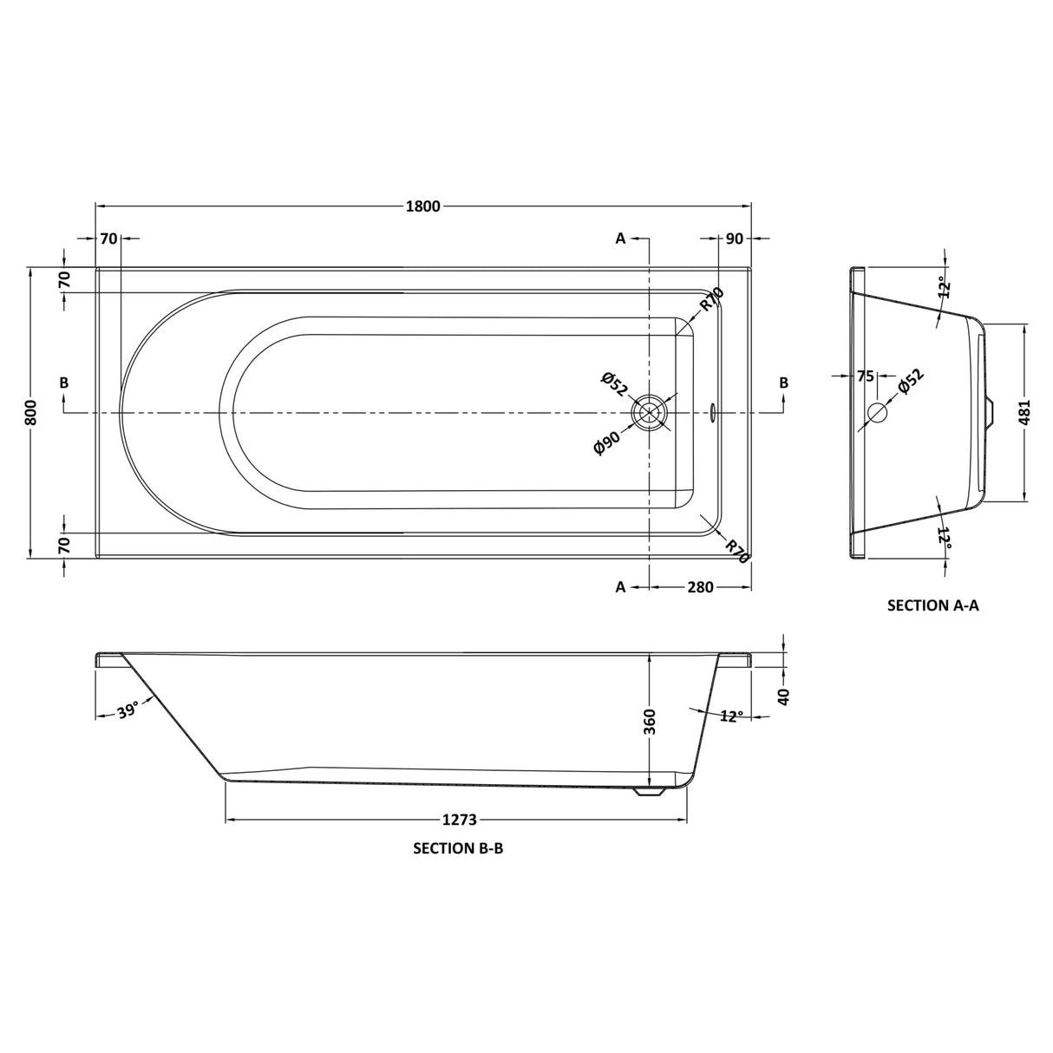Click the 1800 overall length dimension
(x=423, y=206)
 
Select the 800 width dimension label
(x=31, y=413)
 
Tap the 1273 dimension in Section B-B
(x=460, y=821)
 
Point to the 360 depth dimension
(x=649, y=722)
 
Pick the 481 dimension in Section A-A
(x=1024, y=412)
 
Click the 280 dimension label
(x=701, y=587)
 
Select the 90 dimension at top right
(x=735, y=239)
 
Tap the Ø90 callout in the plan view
(x=608, y=442)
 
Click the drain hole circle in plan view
(x=649, y=413)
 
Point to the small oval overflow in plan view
(x=713, y=413)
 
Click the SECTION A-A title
(x=933, y=605)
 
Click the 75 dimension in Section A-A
(x=865, y=377)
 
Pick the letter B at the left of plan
(x=64, y=383)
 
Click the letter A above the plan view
(x=620, y=239)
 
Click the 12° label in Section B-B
(x=732, y=716)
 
